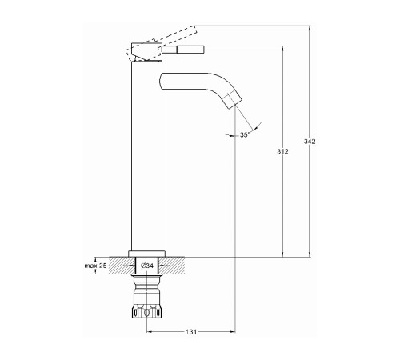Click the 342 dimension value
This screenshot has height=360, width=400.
(310, 141)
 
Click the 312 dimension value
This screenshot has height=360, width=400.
(282, 151)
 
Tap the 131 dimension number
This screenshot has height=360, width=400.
(191, 332)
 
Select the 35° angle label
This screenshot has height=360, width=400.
(245, 134)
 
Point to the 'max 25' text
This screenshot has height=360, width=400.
(95, 266)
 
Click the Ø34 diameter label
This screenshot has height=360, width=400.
(146, 266)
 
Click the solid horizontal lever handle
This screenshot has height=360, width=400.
(183, 50)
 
